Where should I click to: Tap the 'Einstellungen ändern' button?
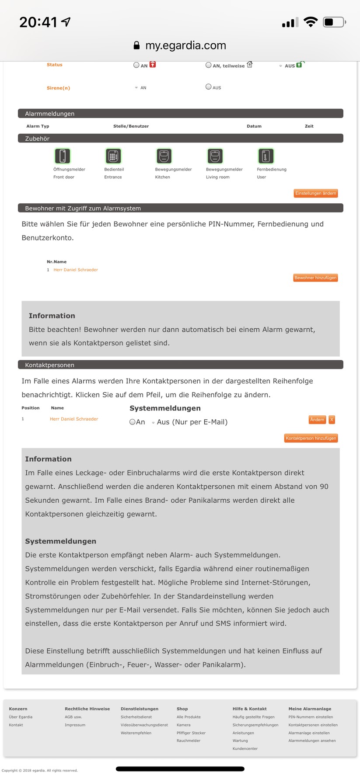pos(315,193)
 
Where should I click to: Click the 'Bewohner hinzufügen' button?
pos(315,278)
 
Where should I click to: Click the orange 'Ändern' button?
pos(317,420)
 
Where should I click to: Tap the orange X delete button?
pos(332,420)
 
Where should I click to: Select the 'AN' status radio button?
pos(136,65)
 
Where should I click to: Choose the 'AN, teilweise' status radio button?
pos(209,65)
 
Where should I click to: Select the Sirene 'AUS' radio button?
pos(209,87)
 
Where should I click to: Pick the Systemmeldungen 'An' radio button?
pos(132,422)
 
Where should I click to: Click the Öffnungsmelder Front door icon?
pos(63,156)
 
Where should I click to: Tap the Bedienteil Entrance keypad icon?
pos(113,156)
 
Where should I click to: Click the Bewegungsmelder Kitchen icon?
pos(164,156)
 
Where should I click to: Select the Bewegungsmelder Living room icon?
pos(215,156)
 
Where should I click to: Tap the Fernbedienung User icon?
pos(266,156)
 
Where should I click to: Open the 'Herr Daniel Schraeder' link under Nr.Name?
pos(76,270)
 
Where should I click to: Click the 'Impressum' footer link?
pos(75,725)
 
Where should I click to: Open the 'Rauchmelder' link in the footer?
pos(189,741)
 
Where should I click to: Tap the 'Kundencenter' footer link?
pos(245,748)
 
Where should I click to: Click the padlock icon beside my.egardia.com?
pos(136,45)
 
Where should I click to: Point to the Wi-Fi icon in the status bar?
pos(311,22)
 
